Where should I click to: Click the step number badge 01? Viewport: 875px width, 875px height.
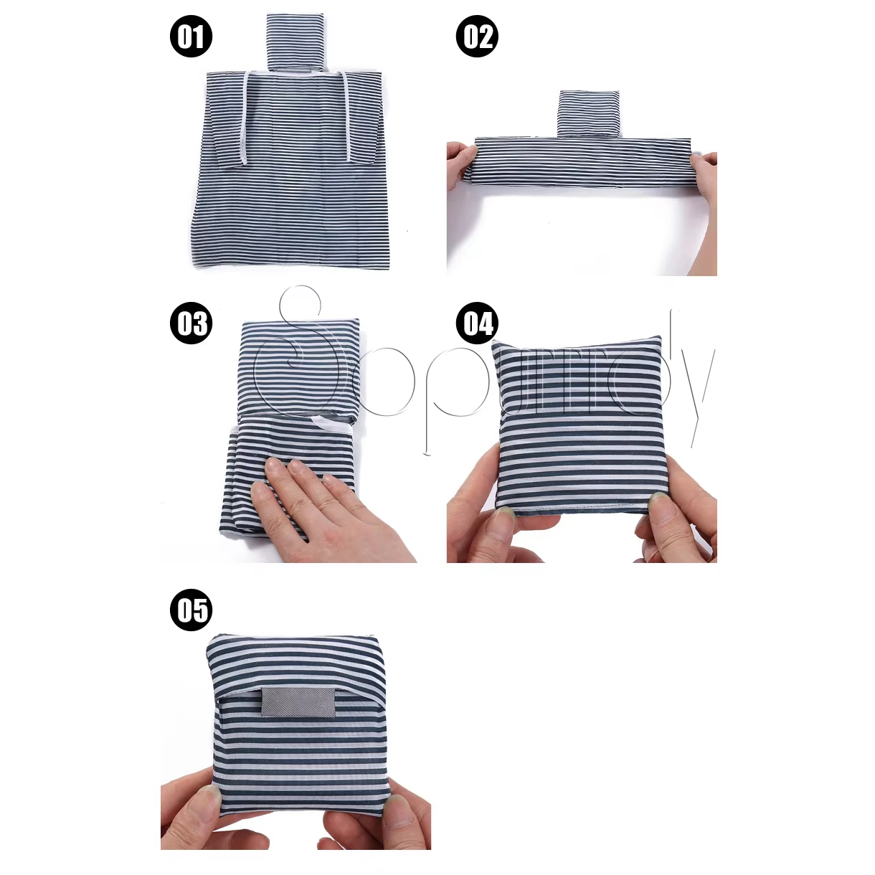pyautogui.click(x=191, y=36)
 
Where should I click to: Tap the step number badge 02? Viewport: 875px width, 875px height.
pyautogui.click(x=477, y=36)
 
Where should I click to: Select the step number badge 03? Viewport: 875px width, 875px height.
pyautogui.click(x=191, y=323)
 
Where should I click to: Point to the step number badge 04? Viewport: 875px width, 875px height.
pyautogui.click(x=477, y=323)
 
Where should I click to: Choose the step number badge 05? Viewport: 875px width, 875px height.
pyautogui.click(x=191, y=610)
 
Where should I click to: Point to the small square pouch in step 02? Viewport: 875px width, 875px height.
pyautogui.click(x=590, y=113)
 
